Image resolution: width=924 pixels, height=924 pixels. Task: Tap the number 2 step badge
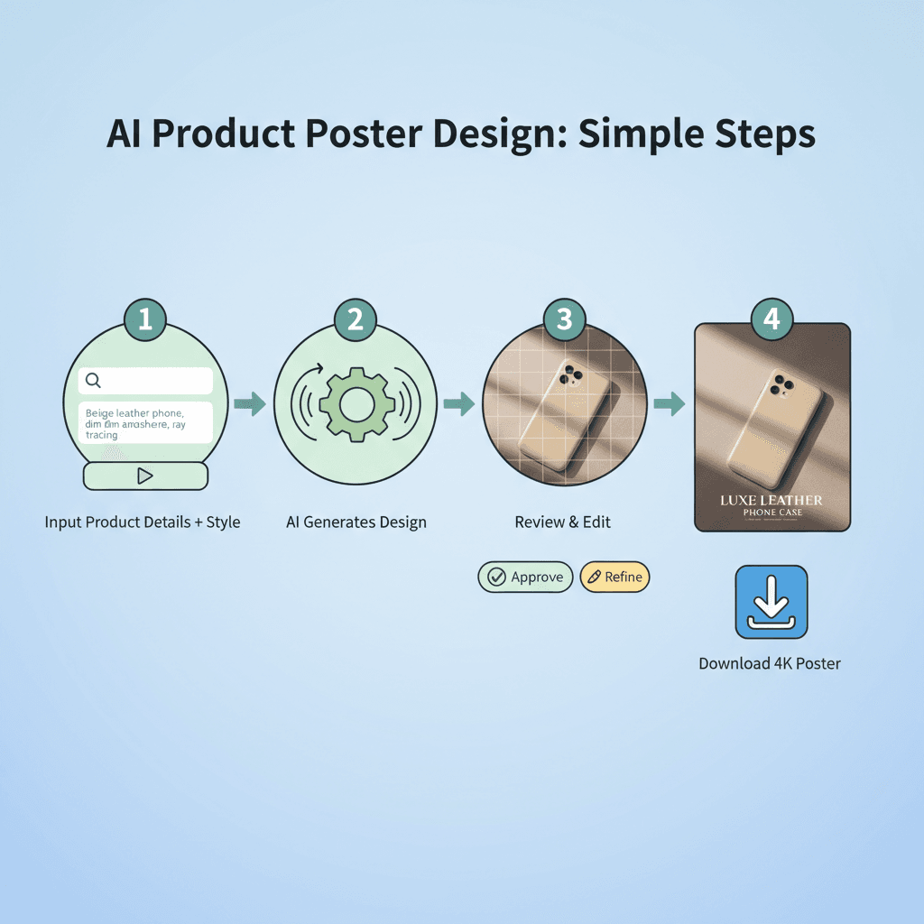click(355, 319)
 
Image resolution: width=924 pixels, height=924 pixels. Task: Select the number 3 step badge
click(564, 319)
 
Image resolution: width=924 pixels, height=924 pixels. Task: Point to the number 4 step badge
click(772, 319)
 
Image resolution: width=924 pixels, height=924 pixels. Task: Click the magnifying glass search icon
click(93, 381)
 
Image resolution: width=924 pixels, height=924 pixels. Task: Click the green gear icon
click(356, 403)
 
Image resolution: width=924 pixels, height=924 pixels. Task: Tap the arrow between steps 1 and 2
click(250, 403)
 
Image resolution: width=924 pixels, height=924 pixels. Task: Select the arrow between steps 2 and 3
click(459, 403)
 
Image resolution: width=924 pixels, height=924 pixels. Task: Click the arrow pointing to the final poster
click(669, 403)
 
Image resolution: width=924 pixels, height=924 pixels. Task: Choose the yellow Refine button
click(614, 577)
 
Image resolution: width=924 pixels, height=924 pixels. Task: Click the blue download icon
click(772, 602)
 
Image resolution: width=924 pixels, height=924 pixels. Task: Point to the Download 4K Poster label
click(770, 663)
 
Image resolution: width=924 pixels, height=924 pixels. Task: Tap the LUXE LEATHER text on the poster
click(772, 500)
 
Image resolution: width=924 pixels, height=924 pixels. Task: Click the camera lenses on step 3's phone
click(570, 375)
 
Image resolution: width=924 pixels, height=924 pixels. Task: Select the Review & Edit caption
click(563, 522)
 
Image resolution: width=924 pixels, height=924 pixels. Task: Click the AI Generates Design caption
click(356, 522)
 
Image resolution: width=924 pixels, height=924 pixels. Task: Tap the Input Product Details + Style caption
click(143, 522)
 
